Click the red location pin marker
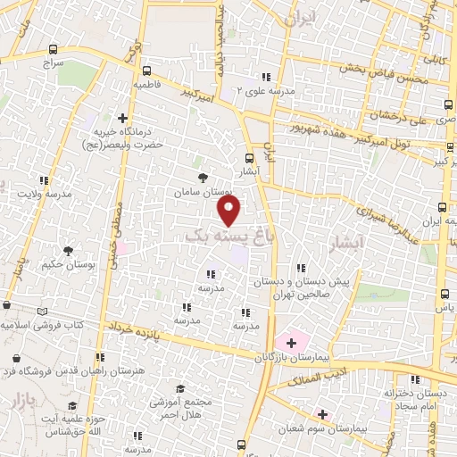pyautogui.click(x=229, y=211)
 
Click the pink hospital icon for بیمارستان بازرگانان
pyautogui.click(x=291, y=342)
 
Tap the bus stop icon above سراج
pyautogui.click(x=54, y=51)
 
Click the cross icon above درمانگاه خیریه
pyautogui.click(x=122, y=117)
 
